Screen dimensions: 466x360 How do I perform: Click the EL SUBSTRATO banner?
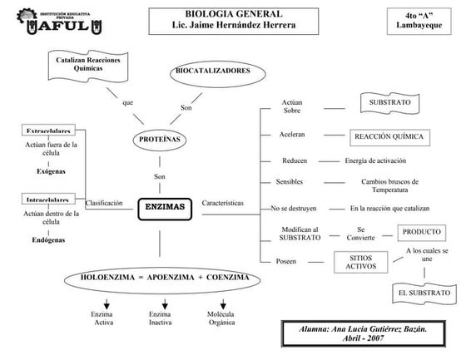424,293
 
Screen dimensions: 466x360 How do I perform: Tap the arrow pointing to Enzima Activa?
107,304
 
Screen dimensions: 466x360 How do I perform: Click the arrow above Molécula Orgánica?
223,304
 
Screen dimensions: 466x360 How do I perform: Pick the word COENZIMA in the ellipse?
228,278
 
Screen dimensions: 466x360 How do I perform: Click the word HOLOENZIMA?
107,278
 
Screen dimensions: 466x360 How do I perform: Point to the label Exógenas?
51,171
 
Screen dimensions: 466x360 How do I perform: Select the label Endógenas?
48,240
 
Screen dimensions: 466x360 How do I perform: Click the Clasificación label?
104,203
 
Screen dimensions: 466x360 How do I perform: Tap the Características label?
223,203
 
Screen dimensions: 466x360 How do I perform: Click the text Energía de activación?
375,160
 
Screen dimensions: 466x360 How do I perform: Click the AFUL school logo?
59,22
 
